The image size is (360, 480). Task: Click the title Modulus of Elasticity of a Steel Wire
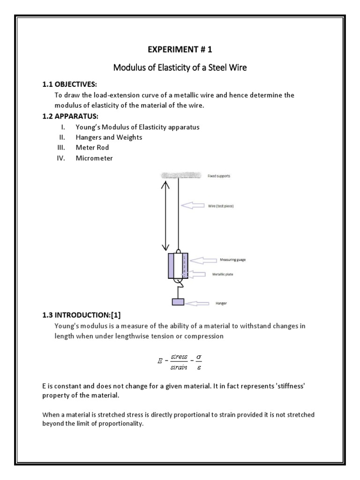pyautogui.click(x=180, y=68)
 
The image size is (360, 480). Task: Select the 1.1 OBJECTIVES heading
pyautogui.click(x=69, y=84)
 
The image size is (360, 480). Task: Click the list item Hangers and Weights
pyautogui.click(x=109, y=137)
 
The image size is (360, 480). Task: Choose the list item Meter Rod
pyautogui.click(x=92, y=148)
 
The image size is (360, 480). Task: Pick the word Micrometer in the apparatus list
pyautogui.click(x=94, y=158)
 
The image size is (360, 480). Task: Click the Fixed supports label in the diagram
pyautogui.click(x=219, y=176)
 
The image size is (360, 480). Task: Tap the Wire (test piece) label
pyautogui.click(x=220, y=205)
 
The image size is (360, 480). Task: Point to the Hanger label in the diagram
pyautogui.click(x=221, y=303)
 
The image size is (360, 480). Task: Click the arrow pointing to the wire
pyautogui.click(x=193, y=205)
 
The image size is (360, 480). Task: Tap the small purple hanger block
pyautogui.click(x=178, y=301)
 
